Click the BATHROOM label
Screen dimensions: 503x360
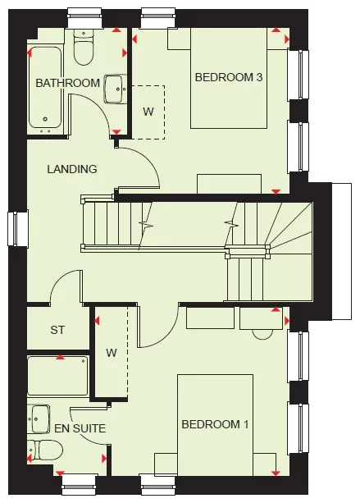[x=67, y=83]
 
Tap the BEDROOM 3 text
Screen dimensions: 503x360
[x=228, y=78]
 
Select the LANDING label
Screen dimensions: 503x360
[x=72, y=169]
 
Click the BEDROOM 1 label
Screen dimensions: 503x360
[x=215, y=424]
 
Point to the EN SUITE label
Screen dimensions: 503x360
[x=79, y=428]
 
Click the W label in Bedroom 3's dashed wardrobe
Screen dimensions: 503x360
[x=148, y=111]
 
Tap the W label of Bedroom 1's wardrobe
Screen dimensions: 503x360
[x=112, y=354]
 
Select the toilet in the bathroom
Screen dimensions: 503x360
[x=84, y=51]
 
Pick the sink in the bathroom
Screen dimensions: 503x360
[x=115, y=88]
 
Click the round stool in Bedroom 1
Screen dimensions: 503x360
[x=263, y=332]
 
